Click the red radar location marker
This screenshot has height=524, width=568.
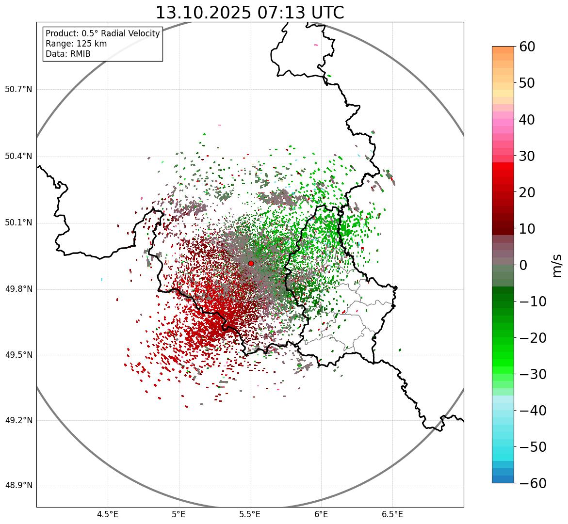point(251,263)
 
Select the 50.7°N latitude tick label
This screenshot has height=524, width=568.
point(18,90)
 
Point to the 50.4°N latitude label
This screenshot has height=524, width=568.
point(18,157)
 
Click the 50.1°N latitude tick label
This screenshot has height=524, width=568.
point(18,223)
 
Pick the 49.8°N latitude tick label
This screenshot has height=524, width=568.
point(18,289)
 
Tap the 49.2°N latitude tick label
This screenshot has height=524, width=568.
point(18,420)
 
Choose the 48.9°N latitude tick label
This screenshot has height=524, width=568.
point(18,486)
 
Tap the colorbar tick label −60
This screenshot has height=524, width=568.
point(533,483)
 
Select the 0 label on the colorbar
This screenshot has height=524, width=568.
point(523,265)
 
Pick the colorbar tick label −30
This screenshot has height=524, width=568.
point(533,374)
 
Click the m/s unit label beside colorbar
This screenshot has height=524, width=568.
point(557,265)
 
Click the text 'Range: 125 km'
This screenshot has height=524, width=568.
point(76,44)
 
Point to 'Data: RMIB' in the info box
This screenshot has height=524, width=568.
point(68,54)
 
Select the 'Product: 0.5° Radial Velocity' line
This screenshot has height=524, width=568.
point(102,33)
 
